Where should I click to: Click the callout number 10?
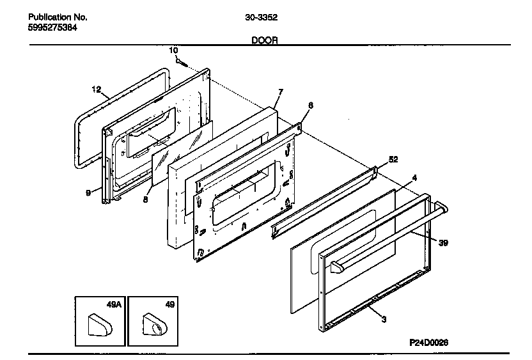(173, 50)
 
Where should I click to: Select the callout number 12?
(96, 90)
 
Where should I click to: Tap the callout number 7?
(279, 93)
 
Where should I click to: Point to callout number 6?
(310, 106)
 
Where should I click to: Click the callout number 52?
(393, 159)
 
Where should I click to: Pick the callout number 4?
(415, 177)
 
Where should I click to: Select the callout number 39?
(442, 242)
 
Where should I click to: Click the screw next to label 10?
(182, 63)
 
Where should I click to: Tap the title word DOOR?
(264, 40)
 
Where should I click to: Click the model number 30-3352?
(261, 17)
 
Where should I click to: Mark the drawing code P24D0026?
(428, 342)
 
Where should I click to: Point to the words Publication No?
(58, 17)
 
